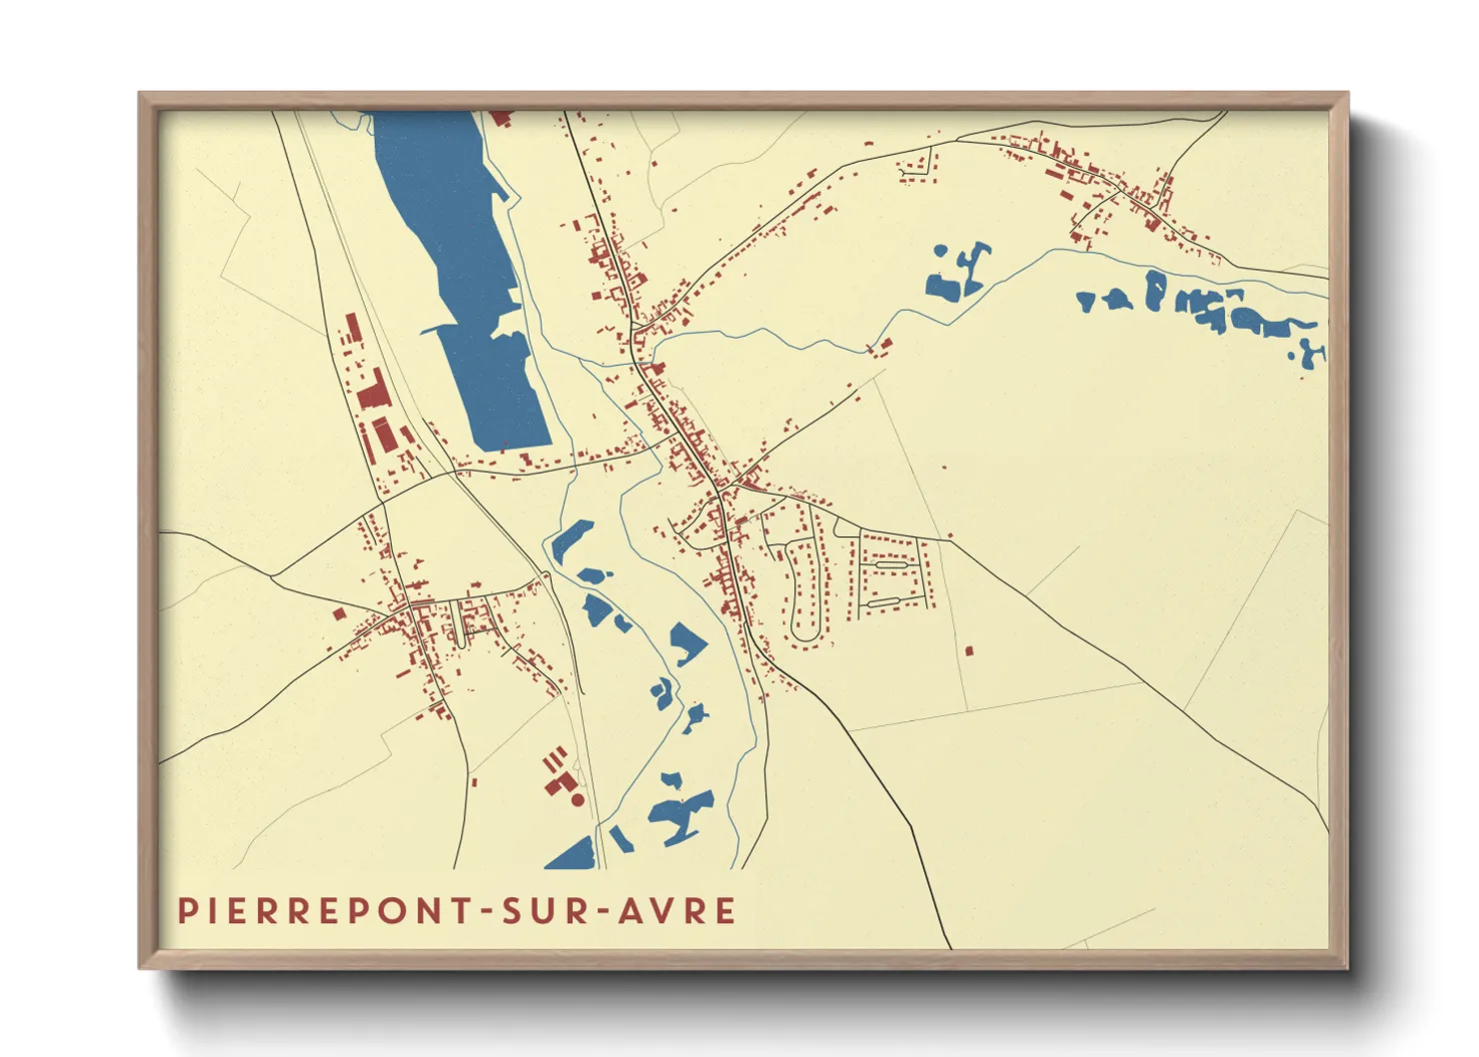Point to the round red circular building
click(x=577, y=799)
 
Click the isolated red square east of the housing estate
click(x=967, y=651)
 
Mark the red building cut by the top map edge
click(x=501, y=117)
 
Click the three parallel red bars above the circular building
click(x=554, y=760)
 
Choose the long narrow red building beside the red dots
click(x=352, y=328)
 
